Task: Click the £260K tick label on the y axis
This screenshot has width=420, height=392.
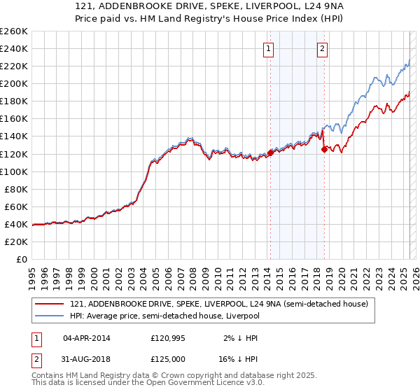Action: tap(14, 31)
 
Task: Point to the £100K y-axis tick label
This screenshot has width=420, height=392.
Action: tap(14, 171)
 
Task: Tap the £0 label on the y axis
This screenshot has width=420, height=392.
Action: tap(21, 260)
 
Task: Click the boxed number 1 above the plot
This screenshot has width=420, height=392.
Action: tap(269, 49)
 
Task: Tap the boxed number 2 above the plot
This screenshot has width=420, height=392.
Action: tap(322, 49)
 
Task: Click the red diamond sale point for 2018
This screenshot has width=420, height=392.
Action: tap(324, 149)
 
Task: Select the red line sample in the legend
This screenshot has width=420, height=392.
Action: tap(49, 304)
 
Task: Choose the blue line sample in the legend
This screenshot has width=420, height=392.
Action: tap(49, 316)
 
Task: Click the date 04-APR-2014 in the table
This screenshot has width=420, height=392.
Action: tap(87, 338)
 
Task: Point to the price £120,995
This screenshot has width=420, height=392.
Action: tap(167, 338)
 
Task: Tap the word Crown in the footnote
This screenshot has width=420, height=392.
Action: tap(169, 375)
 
